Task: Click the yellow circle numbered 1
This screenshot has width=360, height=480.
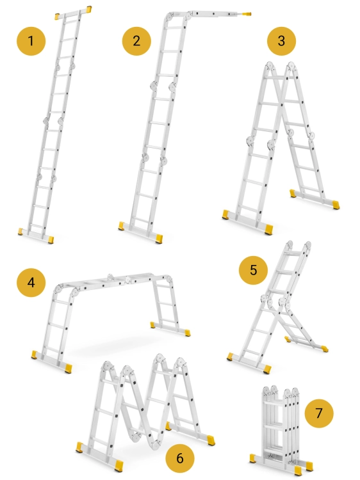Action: click(31, 41)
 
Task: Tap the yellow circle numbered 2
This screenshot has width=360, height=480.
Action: click(136, 41)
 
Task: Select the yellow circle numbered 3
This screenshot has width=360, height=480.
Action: click(281, 41)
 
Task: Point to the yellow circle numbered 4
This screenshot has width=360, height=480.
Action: click(31, 282)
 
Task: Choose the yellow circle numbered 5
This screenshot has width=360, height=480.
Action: click(253, 270)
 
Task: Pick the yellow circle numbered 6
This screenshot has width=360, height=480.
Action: click(180, 458)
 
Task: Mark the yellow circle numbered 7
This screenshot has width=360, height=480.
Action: click(319, 413)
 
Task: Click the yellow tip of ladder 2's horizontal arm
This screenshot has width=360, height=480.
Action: click(247, 14)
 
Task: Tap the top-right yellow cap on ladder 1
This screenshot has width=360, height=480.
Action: click(89, 9)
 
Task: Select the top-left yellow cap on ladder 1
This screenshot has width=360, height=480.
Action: click(57, 16)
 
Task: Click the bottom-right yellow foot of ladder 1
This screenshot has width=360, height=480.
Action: click(51, 239)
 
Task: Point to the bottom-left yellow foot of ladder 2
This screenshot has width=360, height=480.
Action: click(121, 226)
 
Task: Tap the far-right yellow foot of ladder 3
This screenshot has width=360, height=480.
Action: click(336, 205)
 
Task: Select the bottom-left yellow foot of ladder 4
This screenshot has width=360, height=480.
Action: click(35, 355)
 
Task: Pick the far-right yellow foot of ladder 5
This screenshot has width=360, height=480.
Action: click(325, 348)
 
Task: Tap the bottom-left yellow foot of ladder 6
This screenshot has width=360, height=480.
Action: click(80, 447)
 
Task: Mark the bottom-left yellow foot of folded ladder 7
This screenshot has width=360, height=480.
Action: click(253, 458)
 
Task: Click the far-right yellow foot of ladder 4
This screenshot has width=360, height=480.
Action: click(186, 333)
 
